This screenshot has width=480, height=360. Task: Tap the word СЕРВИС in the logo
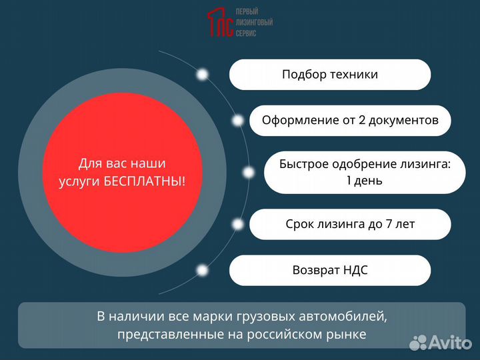coord(246,33)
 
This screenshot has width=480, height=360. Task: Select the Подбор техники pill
coord(330,75)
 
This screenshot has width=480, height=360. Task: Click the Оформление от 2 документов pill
coord(350,121)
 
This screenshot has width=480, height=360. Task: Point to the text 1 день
coord(364,180)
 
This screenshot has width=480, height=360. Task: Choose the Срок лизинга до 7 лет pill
coord(350,224)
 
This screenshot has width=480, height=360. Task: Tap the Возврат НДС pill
coord(330,270)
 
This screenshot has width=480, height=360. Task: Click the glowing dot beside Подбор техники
coord(201,75)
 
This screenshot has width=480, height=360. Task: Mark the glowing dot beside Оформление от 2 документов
coord(238,121)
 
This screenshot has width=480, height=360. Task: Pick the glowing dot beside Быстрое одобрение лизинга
coord(249,173)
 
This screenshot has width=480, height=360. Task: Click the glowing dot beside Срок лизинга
coord(238,224)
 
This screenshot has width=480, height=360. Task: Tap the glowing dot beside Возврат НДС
coord(201,270)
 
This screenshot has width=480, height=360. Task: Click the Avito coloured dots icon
coord(417,342)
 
